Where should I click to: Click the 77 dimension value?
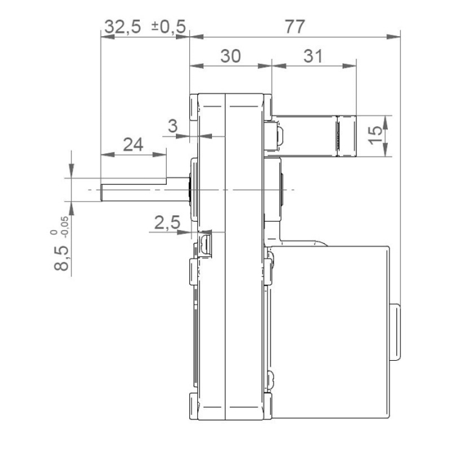point(295,26)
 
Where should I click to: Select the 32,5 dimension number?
point(123,26)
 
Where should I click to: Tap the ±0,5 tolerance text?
point(168,26)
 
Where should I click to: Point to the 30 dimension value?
point(230,56)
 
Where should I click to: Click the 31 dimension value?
point(313,56)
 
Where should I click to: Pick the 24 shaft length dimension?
point(133,145)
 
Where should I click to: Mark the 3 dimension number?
point(172,126)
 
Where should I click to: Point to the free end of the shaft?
point(102,191)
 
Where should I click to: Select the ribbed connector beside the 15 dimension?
point(341,136)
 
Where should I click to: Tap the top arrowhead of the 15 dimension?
point(387,120)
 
